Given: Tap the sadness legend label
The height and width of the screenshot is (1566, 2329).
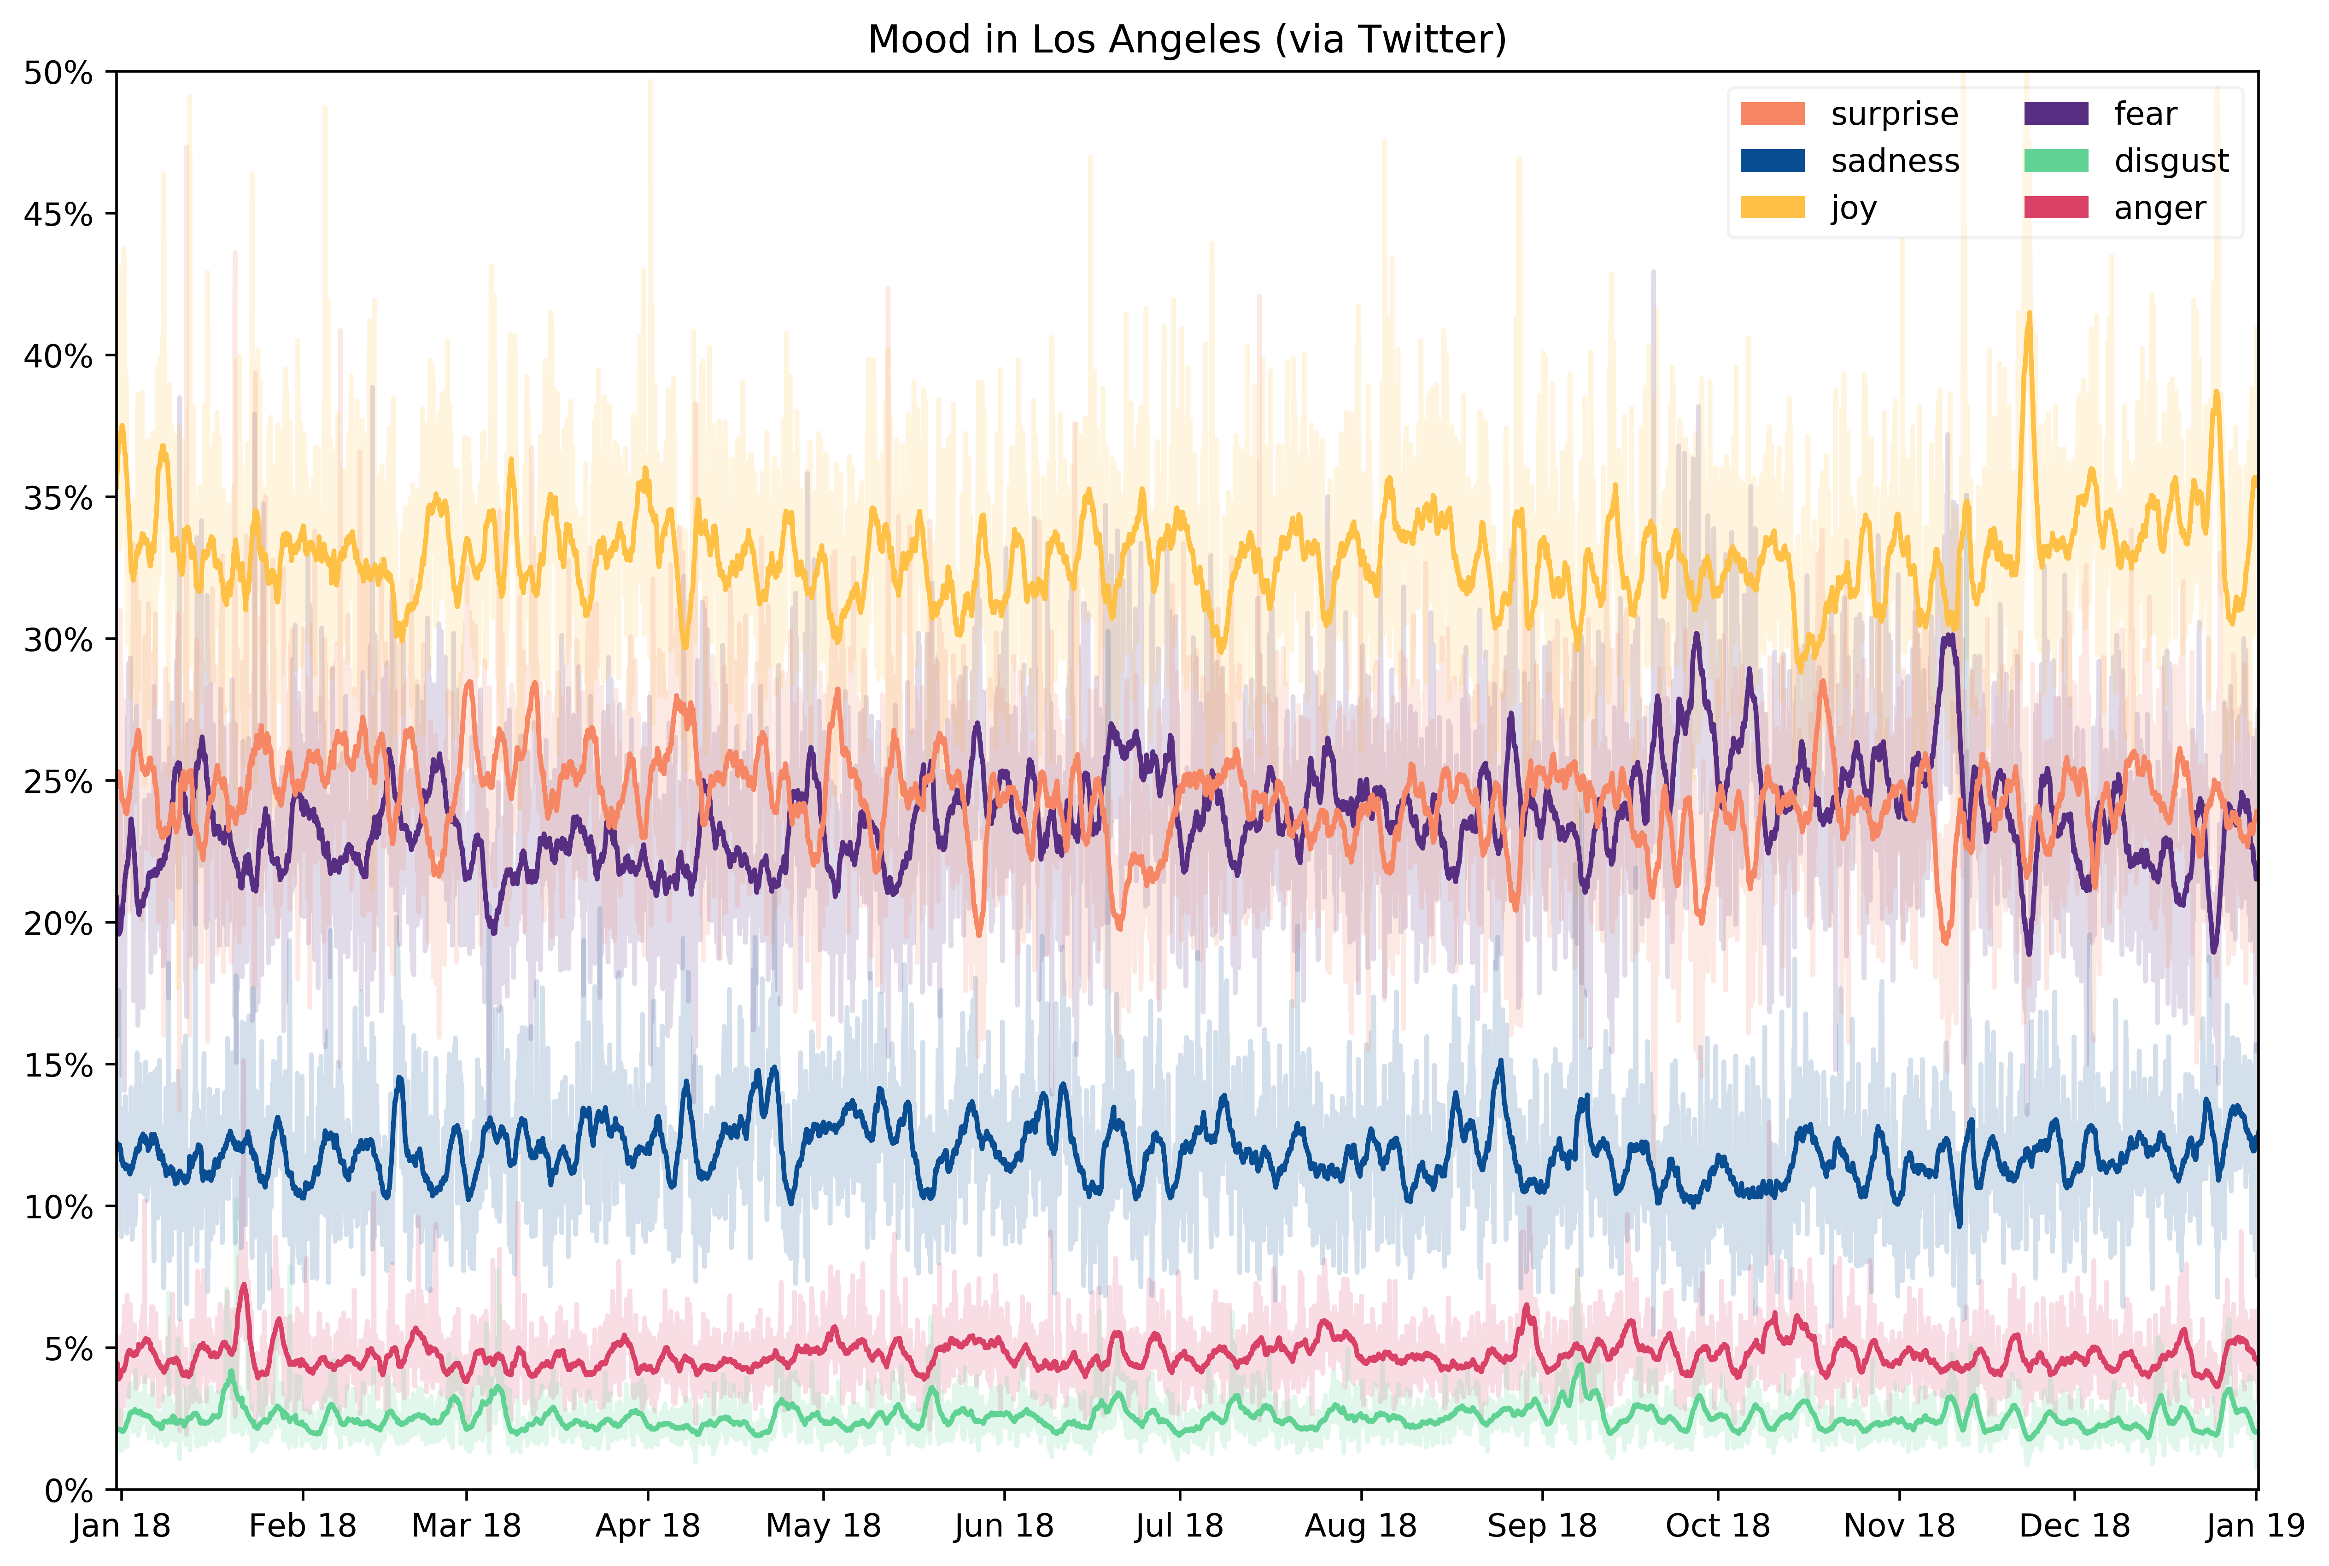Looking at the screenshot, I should point(1894,161).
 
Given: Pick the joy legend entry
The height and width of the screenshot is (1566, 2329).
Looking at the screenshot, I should point(1854,208).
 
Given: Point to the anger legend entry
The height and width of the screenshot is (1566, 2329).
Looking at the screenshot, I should point(2159,208).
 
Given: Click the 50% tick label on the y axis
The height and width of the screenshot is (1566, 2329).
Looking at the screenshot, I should point(58,73).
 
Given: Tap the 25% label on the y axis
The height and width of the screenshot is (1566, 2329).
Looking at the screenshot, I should point(58,782).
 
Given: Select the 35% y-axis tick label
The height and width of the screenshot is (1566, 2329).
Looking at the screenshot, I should point(58,498).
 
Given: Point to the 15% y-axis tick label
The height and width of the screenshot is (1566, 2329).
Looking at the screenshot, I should point(58,1065).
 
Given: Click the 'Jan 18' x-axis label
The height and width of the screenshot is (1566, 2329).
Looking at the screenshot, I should point(121,1526).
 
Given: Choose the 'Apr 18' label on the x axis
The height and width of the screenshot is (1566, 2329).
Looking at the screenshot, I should point(648,1526).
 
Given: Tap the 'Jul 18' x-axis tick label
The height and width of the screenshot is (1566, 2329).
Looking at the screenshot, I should point(1179,1526).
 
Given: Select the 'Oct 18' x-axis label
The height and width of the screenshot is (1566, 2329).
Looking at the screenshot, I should point(1718,1526).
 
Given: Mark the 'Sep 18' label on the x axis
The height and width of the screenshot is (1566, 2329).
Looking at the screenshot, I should point(1542,1526).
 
